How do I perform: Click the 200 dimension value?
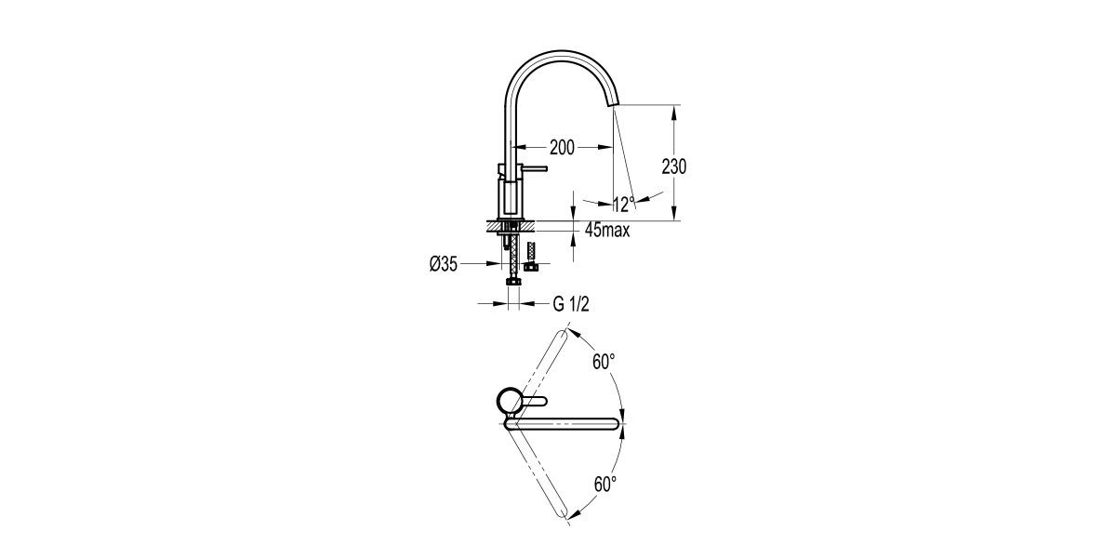point(562,147)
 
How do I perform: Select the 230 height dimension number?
point(674,166)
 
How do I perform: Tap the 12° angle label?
point(623,204)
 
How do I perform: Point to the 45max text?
point(607,231)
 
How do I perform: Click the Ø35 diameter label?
point(443,265)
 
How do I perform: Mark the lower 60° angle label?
point(604,484)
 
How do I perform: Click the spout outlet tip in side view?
point(614,102)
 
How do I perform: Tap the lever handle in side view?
point(530,169)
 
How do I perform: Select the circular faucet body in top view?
point(509,402)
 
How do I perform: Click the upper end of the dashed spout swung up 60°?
point(562,334)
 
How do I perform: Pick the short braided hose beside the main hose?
point(532,253)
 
